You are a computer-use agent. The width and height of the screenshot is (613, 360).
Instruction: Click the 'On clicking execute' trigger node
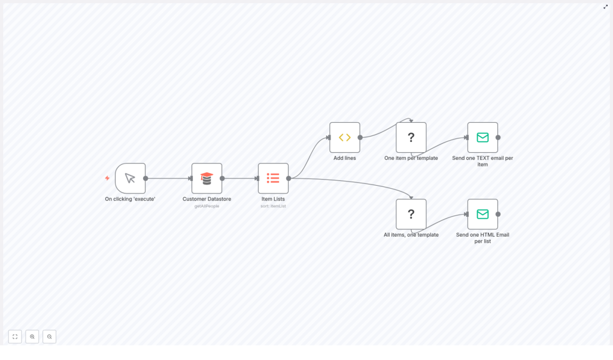[130, 178]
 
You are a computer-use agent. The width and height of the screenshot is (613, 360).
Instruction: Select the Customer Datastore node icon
[207, 178]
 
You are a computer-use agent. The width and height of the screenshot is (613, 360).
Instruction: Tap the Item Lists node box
[273, 178]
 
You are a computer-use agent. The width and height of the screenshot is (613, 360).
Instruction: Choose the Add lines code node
[344, 137]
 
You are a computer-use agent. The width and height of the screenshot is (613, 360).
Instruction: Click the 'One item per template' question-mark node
[411, 137]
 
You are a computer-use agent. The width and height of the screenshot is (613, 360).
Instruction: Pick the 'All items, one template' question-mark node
[411, 214]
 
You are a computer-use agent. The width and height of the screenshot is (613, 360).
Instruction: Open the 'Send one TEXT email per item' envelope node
[482, 137]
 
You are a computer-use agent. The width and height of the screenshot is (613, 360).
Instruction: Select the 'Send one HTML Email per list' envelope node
[482, 214]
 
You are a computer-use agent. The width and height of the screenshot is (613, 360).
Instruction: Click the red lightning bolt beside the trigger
[107, 178]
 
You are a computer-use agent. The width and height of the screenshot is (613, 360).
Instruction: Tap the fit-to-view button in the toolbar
[15, 337]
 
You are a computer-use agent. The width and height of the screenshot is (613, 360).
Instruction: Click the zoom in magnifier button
[32, 337]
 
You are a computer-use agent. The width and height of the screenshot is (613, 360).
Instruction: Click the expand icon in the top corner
[605, 7]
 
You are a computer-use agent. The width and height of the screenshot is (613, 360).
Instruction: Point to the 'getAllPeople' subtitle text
[207, 206]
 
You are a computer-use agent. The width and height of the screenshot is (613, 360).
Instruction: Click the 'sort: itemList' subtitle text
[273, 206]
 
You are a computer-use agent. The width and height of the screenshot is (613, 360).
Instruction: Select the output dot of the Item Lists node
[289, 178]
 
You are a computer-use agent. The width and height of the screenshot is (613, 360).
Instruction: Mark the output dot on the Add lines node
[360, 137]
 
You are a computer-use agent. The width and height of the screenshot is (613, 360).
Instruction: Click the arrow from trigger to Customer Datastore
[168, 178]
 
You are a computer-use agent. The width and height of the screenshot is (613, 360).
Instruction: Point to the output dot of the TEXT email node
[498, 137]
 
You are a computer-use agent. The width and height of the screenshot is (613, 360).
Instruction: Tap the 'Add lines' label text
[344, 158]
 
